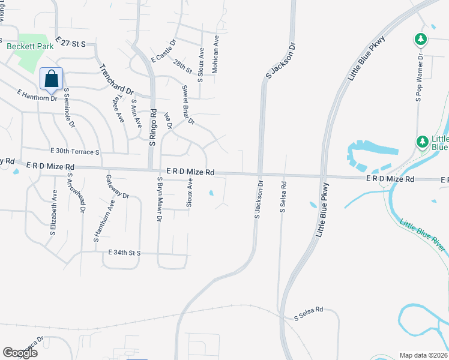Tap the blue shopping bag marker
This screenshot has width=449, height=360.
(52, 79)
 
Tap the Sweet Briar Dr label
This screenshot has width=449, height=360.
(188, 104)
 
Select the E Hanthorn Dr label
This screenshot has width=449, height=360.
(37, 94)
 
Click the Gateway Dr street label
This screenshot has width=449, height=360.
(118, 186)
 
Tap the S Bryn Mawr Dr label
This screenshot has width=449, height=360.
(160, 199)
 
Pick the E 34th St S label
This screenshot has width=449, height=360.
(124, 253)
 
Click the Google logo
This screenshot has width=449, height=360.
(20, 353)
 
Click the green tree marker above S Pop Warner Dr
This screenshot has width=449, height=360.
(421, 40)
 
